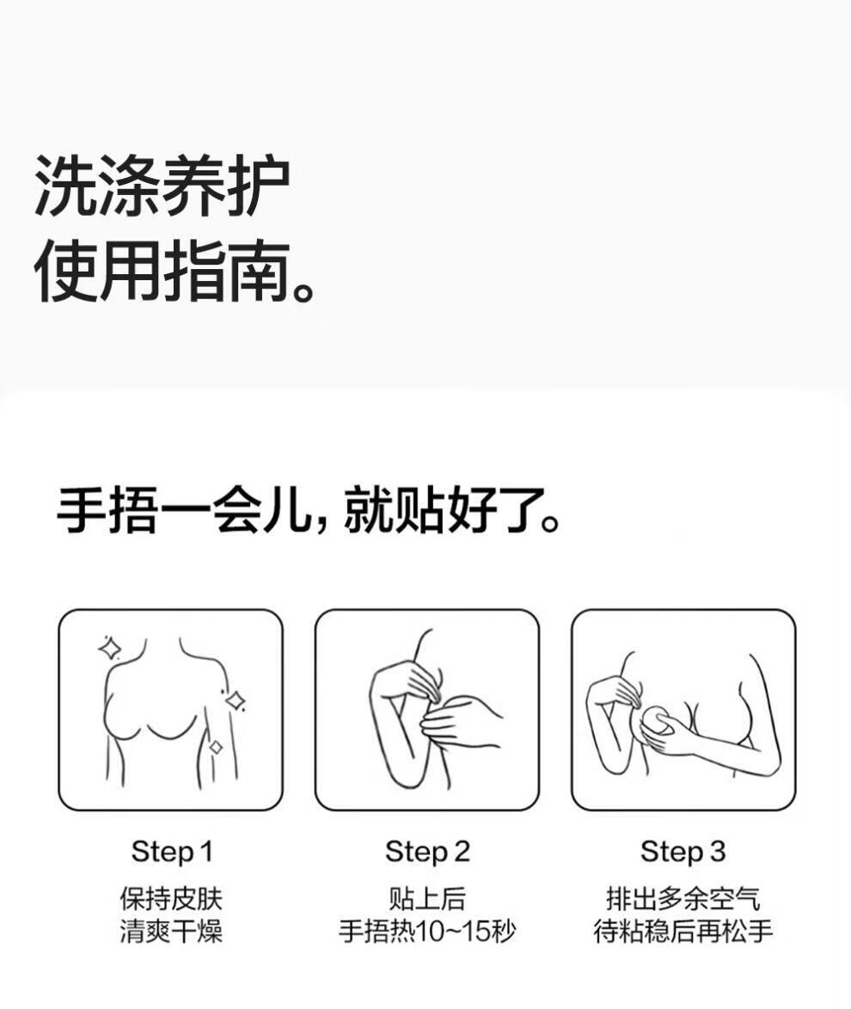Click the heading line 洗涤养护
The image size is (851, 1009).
click(x=162, y=186)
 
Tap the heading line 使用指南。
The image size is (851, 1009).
click(x=175, y=272)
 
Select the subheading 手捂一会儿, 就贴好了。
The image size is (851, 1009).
click(x=309, y=511)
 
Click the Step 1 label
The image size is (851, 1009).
click(x=172, y=852)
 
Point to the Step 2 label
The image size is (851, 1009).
click(x=427, y=852)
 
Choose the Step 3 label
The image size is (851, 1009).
click(x=683, y=852)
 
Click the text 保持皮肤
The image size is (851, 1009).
click(x=171, y=899)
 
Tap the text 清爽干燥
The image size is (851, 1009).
click(x=171, y=931)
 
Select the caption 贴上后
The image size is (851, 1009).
click(x=427, y=899)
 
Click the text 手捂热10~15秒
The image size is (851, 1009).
click(x=427, y=931)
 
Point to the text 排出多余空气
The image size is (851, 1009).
click(x=683, y=899)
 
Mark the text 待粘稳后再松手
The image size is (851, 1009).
click(x=683, y=931)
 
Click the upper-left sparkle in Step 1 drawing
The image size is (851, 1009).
click(x=110, y=648)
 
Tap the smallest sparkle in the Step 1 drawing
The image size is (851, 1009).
click(x=216, y=747)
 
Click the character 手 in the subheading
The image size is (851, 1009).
click(x=81, y=511)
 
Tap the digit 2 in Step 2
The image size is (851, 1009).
click(x=462, y=852)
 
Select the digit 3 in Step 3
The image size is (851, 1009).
click(x=717, y=852)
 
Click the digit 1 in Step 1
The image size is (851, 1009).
click(x=206, y=852)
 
